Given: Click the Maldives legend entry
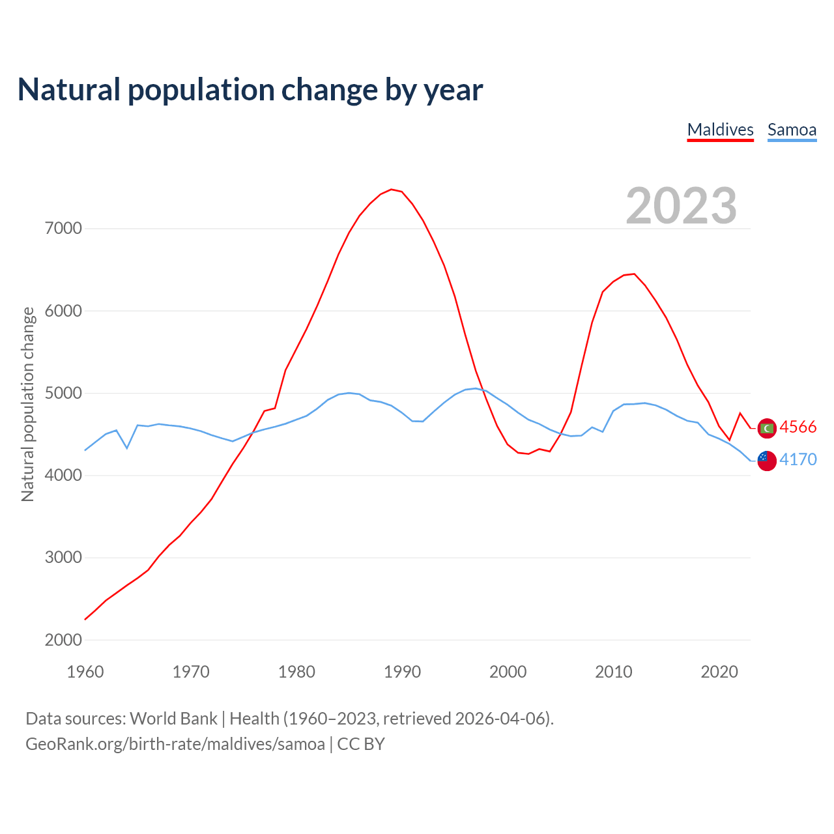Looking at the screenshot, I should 720,130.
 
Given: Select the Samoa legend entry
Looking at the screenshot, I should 792,130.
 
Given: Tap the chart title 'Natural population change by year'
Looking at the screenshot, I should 250,90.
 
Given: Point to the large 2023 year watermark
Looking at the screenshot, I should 681,206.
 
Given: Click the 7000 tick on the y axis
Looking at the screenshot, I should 63,229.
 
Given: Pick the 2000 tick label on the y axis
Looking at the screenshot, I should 63,640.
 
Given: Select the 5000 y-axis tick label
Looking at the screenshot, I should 63,394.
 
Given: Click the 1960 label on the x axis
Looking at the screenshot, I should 85,672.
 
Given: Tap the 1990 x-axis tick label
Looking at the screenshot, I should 402,672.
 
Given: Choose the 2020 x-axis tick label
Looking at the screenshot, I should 719,672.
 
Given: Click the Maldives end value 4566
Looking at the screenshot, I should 798,427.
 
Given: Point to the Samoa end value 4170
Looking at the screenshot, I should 798,460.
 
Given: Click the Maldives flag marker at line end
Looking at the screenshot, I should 768,428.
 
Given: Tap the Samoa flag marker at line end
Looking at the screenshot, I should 768,461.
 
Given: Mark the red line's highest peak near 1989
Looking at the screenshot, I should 391,189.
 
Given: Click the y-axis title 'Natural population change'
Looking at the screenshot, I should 28,404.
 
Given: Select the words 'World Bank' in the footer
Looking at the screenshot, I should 173,719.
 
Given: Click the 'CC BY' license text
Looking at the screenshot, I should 361,744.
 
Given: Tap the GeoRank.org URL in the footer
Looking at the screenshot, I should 175,744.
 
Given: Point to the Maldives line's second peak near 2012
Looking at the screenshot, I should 634,274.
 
